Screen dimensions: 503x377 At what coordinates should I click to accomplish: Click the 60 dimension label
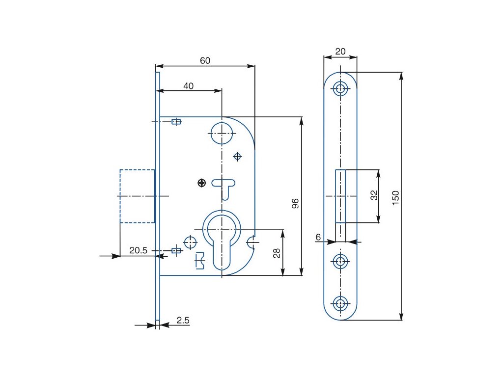pos(205,60)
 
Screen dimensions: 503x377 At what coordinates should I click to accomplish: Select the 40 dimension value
pos(188,86)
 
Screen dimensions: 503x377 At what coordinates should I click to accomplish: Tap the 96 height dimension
pos(295,204)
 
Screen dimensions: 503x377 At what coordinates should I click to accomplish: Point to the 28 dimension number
pos(277,253)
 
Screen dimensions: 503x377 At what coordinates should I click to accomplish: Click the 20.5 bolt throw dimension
pos(138,250)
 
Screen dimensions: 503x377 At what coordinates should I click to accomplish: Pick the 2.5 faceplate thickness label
pos(183,320)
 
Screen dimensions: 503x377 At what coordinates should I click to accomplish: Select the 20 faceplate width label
pos(340,51)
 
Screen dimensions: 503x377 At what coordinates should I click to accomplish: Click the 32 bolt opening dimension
pos(374,195)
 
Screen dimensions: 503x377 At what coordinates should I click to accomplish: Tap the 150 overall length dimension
pos(395,198)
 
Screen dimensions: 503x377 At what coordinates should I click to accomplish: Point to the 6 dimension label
pos(318,237)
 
